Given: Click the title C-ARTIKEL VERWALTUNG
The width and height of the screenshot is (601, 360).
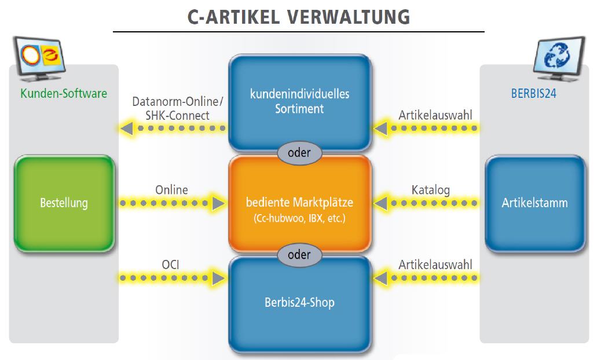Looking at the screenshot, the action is [299, 17].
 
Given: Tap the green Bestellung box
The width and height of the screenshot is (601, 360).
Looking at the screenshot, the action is [64, 203].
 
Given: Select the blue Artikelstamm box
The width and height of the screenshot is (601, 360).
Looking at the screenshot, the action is [535, 203].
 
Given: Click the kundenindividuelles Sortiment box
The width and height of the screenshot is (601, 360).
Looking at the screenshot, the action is [300, 102].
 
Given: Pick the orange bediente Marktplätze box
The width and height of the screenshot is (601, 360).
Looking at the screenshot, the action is [300, 203].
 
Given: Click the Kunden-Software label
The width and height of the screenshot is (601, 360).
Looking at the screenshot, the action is [64, 93].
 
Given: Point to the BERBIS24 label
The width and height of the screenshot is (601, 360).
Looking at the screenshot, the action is [533, 93].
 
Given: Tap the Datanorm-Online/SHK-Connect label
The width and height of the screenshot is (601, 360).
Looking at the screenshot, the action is [178, 108].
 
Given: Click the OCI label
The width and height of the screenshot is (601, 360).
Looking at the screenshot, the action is [171, 265].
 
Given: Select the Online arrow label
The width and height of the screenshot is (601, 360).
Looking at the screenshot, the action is [171, 190].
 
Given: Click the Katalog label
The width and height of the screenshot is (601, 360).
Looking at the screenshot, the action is [430, 190].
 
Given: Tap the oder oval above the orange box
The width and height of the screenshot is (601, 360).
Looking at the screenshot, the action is [299, 152].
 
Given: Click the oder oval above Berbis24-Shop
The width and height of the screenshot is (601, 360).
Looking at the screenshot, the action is [299, 255].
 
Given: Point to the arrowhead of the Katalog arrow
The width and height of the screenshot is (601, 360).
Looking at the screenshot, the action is [380, 203].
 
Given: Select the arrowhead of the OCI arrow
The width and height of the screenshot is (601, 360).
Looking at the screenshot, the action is [219, 278].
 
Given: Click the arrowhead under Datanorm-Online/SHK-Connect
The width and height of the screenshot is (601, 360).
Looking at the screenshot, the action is [127, 128].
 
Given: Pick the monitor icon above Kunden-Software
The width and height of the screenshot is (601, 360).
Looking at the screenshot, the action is [39, 58].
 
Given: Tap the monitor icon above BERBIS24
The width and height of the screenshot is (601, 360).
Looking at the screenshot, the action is [559, 58].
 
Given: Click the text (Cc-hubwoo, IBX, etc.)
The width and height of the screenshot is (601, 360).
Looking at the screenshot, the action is [299, 218].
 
